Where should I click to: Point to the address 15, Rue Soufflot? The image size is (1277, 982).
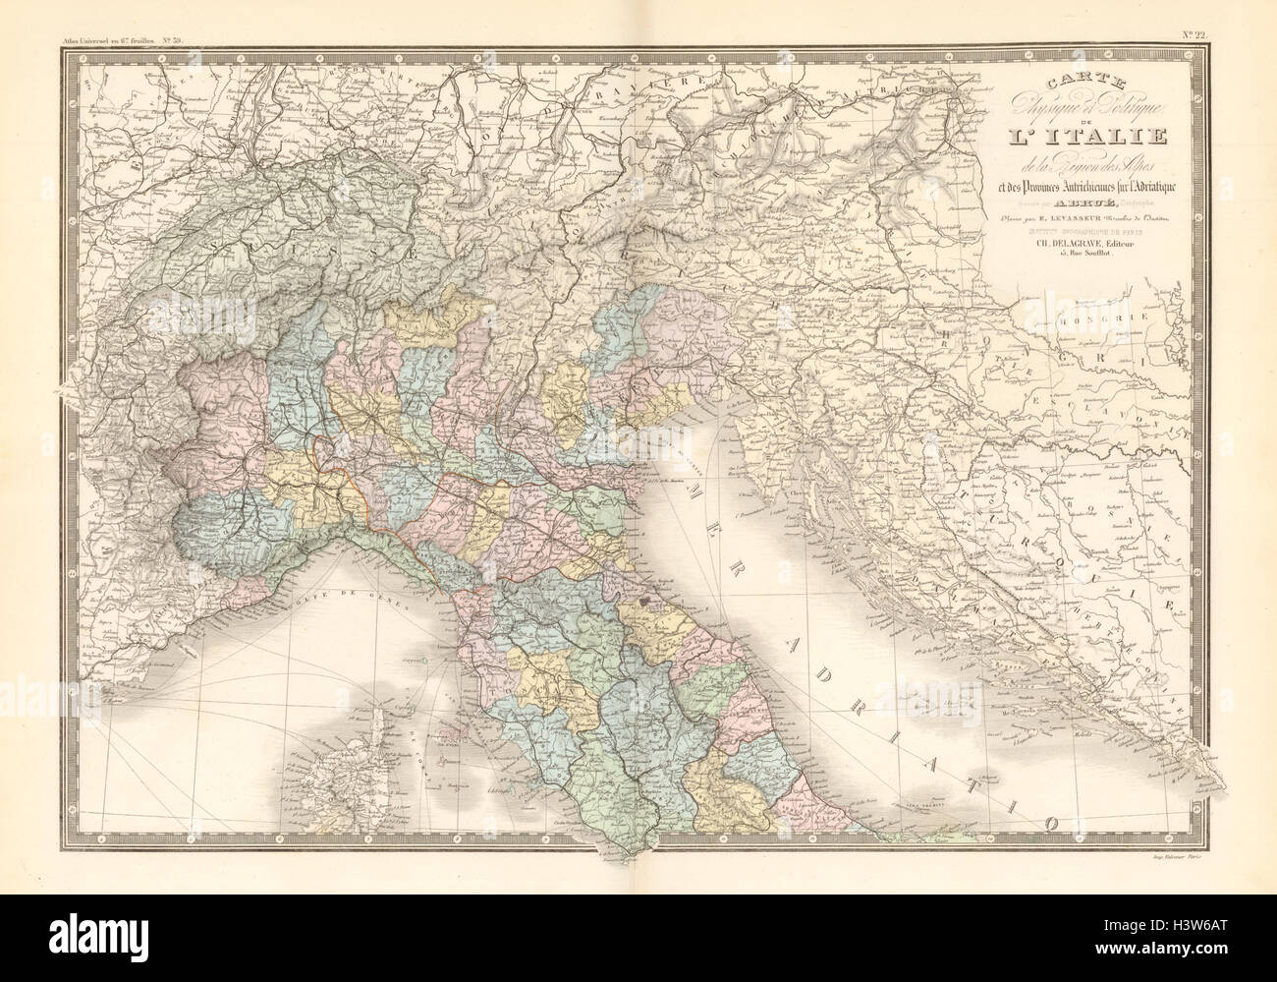coord(1047,260)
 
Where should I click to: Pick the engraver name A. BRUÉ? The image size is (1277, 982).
coord(1036,206)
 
